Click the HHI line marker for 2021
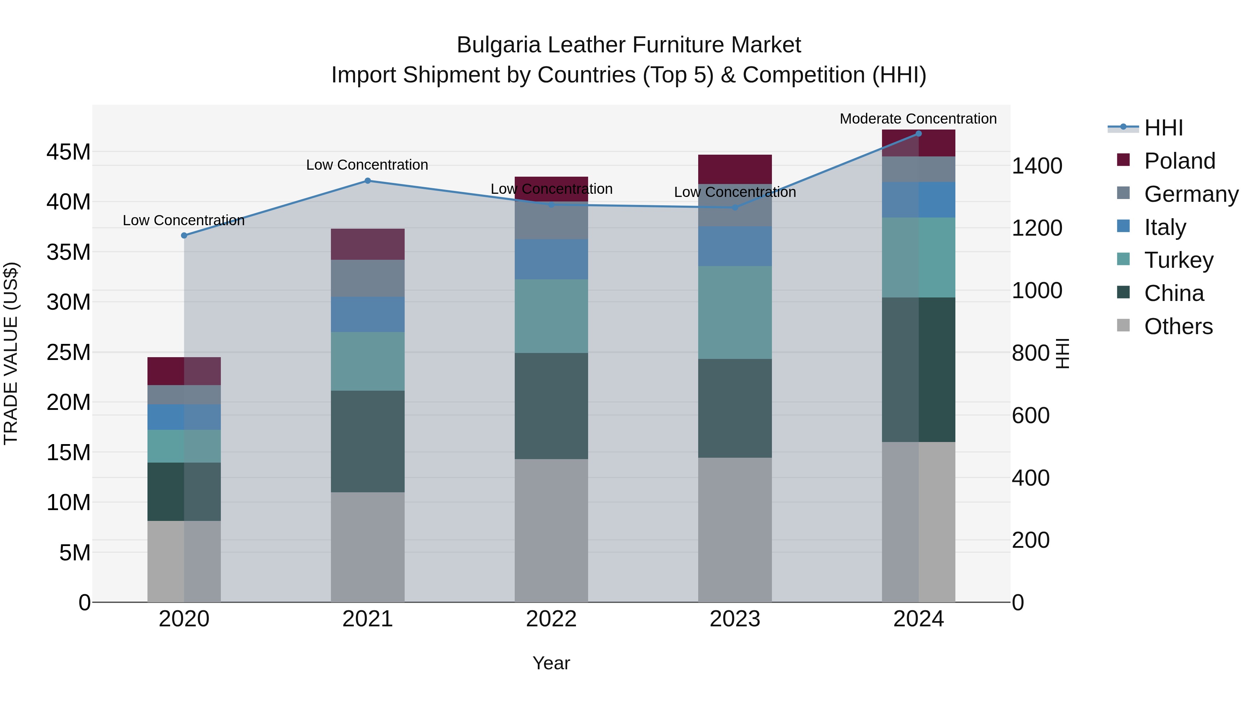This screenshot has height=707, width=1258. (368, 181)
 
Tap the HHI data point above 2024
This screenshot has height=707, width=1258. (918, 134)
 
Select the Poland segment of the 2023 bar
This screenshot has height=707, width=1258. (735, 169)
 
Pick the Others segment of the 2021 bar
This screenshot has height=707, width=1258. (368, 547)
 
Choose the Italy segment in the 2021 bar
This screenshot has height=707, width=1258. (368, 315)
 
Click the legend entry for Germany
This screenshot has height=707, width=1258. (1191, 194)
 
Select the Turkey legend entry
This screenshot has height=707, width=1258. (1178, 260)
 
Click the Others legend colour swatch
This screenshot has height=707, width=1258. (1123, 325)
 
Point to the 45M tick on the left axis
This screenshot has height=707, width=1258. (68, 152)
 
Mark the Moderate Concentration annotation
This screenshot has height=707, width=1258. (918, 119)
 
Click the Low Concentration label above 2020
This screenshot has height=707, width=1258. (183, 221)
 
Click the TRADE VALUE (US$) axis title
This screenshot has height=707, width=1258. (11, 353)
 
